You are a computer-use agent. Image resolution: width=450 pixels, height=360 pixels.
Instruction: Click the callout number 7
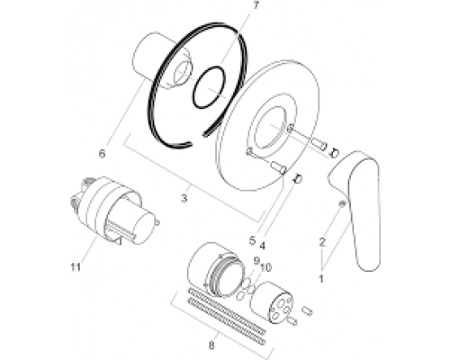coord(256,5)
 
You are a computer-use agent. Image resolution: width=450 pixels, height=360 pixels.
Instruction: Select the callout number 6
coord(102,154)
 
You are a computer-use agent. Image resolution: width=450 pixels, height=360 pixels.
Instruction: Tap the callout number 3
coord(184,198)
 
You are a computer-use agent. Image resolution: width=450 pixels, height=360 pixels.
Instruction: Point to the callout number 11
coord(76,266)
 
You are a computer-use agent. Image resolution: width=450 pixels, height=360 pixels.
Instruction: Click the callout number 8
coord(211,346)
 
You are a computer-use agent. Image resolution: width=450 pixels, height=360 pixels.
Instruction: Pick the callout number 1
coord(321,279)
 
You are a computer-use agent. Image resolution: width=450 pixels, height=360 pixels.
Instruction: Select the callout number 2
coord(322,242)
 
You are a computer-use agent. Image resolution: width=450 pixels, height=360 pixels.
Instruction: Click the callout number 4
coord(262,246)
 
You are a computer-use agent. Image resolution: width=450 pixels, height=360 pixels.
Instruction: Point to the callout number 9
coord(256,261)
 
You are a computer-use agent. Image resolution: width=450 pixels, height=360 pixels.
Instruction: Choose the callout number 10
coord(265,267)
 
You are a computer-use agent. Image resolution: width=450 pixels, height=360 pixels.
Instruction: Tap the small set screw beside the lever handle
coord(342,203)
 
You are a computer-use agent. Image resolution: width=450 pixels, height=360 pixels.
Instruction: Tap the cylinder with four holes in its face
coord(272,302)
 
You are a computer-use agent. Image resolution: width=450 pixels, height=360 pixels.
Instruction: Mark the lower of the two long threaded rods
coord(227,321)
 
